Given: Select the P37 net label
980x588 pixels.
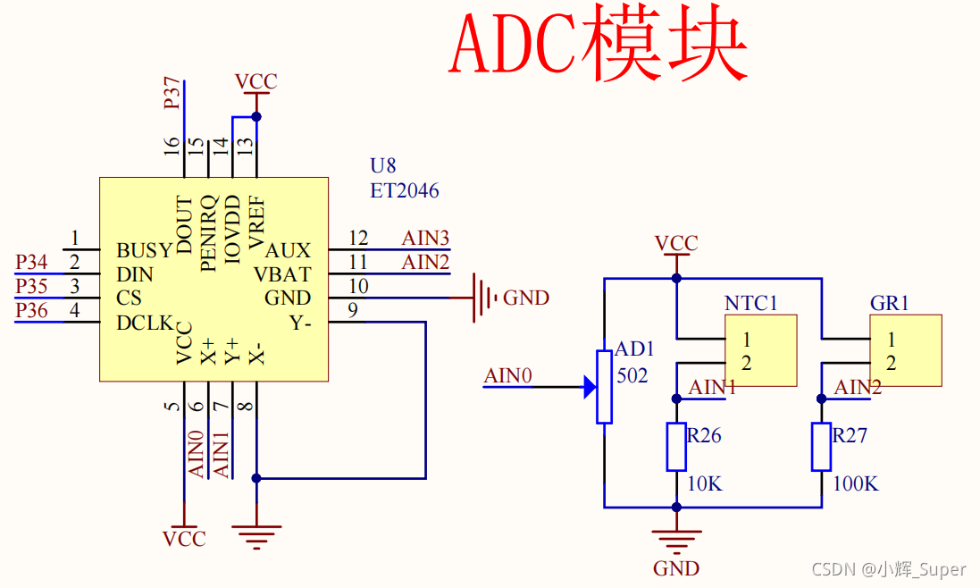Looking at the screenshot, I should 172,94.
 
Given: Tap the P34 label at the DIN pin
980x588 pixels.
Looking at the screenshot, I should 31,263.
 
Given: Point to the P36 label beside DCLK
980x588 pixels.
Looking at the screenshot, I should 31,310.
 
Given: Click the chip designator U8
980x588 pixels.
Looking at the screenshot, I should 382,165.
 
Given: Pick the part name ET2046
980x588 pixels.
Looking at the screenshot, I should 405,190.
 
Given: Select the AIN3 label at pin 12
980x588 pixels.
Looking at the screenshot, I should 424,238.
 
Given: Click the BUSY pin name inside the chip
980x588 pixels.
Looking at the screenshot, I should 143,250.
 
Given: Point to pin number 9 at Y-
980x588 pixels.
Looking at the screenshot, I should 353,310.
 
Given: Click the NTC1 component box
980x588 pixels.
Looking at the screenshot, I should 760,350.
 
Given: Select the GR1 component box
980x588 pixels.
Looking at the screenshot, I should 905,350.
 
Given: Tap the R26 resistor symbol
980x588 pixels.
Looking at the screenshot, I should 676,447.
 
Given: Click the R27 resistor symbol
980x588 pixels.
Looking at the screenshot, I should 821,447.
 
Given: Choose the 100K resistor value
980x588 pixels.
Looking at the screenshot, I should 855,483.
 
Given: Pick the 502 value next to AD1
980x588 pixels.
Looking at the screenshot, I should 632,375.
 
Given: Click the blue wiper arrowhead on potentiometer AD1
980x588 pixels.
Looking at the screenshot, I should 590,387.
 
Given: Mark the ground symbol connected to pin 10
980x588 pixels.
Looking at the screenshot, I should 482,298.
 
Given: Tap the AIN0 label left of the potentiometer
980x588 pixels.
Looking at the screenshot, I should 507,375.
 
